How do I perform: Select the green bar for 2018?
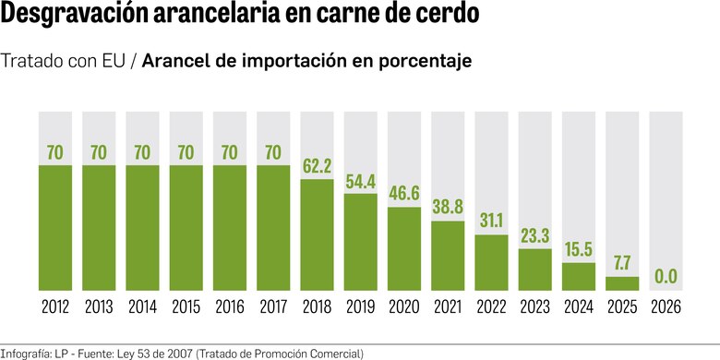click(318, 235)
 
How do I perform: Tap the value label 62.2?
click(318, 167)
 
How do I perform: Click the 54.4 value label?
click(361, 181)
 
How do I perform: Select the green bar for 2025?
click(623, 283)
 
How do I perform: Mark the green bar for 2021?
click(449, 256)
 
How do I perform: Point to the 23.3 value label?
click(535, 236)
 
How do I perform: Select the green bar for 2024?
click(579, 277)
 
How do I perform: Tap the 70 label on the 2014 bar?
click(143, 152)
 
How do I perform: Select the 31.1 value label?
click(492, 222)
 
